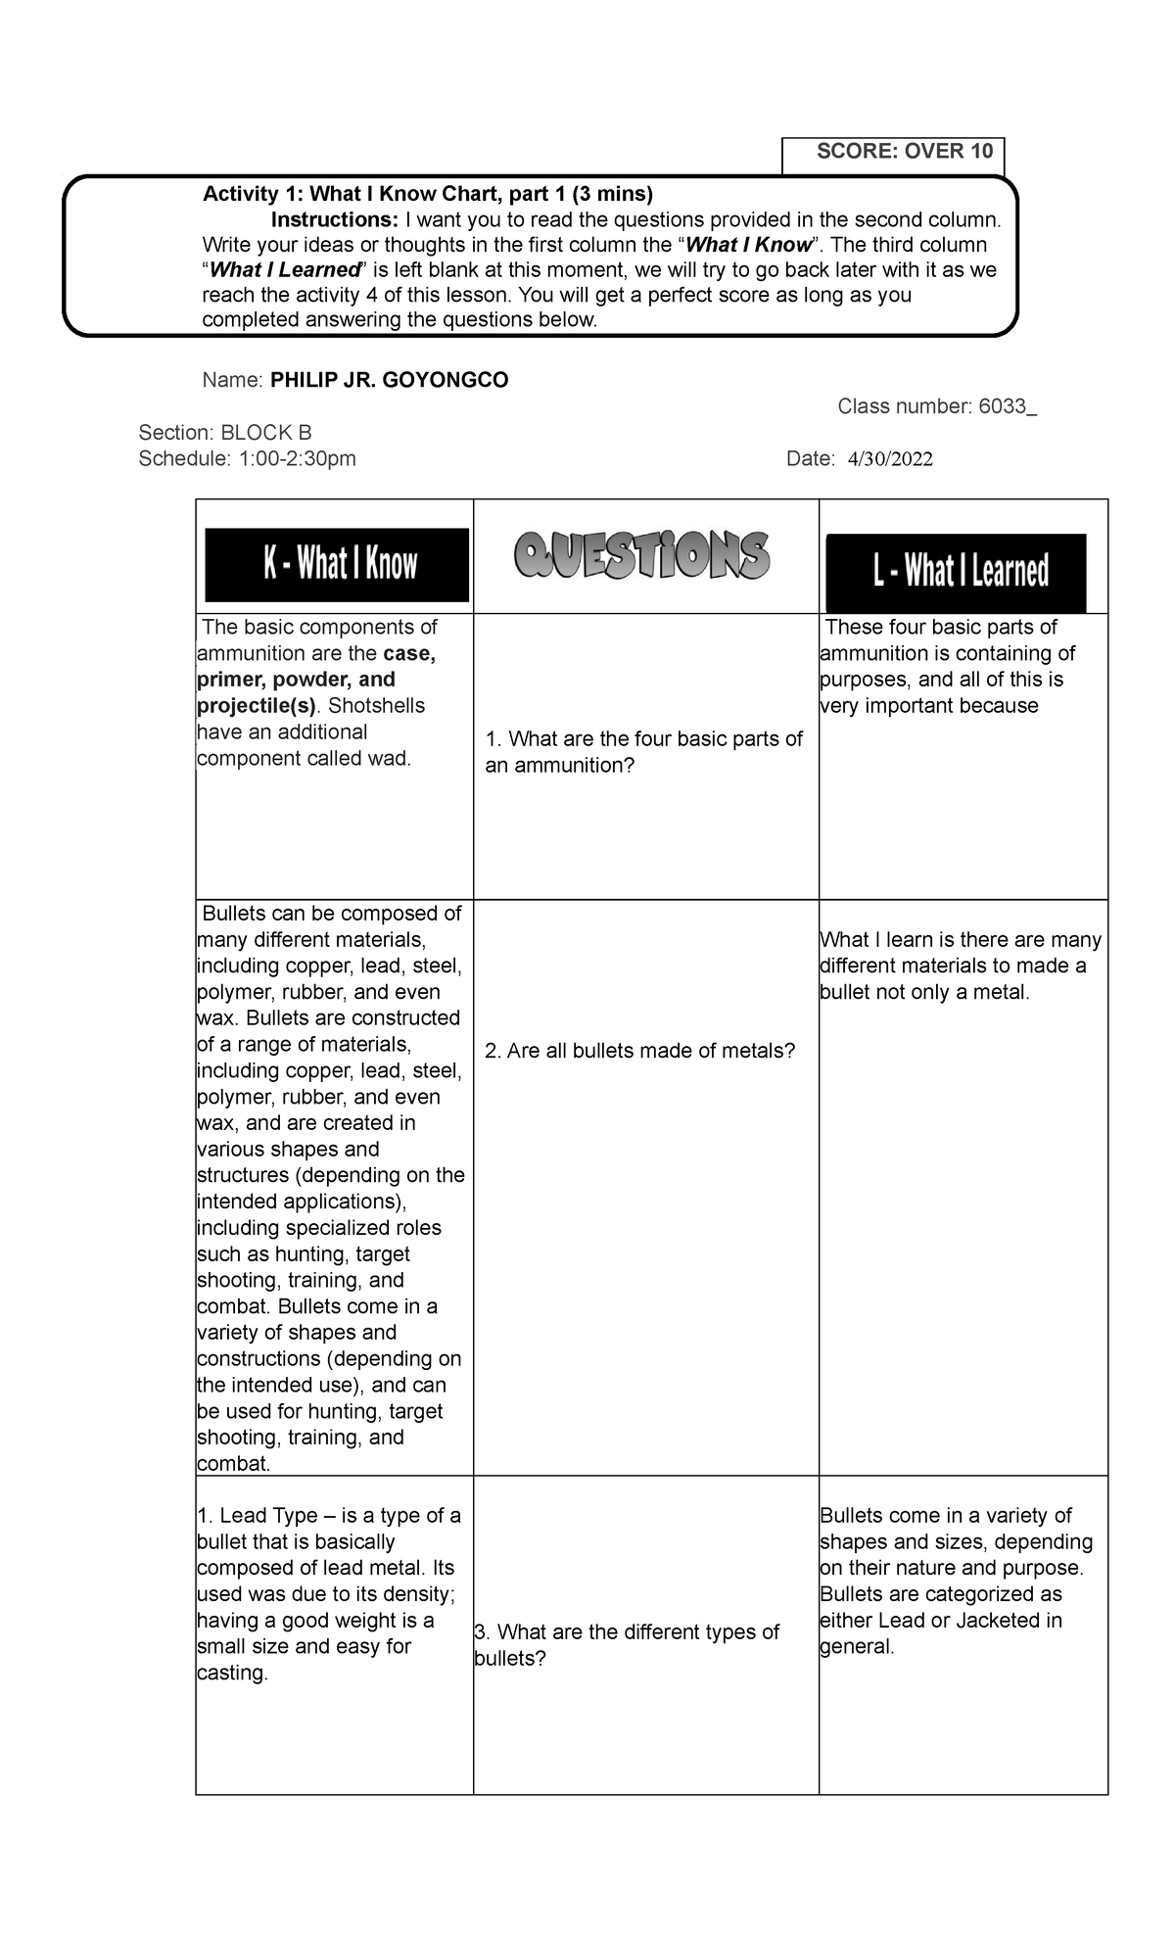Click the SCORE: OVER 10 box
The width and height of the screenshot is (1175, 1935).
pyautogui.click(x=893, y=153)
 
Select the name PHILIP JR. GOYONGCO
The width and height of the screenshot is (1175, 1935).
pyautogui.click(x=389, y=381)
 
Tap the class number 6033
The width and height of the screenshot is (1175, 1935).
pyautogui.click(x=1006, y=407)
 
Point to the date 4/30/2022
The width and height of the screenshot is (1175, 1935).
pyautogui.click(x=890, y=459)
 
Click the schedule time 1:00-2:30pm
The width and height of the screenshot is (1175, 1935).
pyautogui.click(x=292, y=459)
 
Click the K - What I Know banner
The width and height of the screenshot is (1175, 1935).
pyautogui.click(x=337, y=565)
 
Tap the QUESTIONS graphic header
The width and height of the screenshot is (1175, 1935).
pyautogui.click(x=643, y=557)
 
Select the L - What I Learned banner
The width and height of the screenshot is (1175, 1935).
pyautogui.click(x=956, y=573)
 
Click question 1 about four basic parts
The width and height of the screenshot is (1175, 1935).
pyautogui.click(x=644, y=752)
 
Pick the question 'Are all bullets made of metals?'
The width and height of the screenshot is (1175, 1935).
pyautogui.click(x=640, y=1052)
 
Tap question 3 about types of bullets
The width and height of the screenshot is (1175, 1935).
pyautogui.click(x=627, y=1645)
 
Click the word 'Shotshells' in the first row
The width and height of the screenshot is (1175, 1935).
pyautogui.click(x=377, y=706)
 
